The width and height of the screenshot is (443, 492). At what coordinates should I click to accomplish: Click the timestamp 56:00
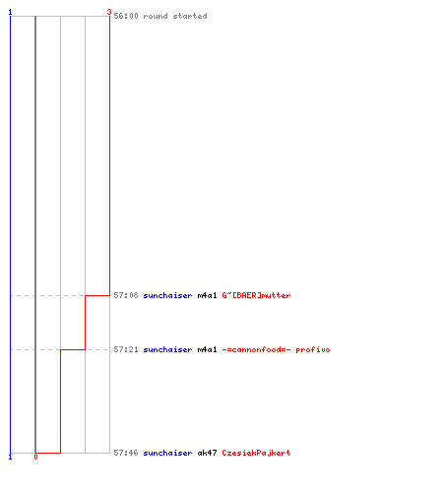[126, 16]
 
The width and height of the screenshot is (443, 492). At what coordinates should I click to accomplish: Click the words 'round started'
[175, 16]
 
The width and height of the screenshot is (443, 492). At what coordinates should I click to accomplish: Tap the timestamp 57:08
[126, 295]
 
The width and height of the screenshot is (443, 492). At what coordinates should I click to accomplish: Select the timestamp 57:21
[126, 349]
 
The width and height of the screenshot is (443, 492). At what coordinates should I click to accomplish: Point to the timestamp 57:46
[126, 453]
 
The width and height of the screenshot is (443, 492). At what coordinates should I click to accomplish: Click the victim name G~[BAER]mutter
[256, 295]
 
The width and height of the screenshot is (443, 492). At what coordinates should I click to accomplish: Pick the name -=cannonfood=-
[256, 349]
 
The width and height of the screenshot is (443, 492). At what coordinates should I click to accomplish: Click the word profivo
[313, 349]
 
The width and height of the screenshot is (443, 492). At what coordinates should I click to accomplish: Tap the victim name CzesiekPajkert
[256, 453]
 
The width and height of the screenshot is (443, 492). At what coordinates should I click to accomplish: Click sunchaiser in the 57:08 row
[167, 295]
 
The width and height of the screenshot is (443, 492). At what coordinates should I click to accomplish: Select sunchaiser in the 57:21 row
[167, 349]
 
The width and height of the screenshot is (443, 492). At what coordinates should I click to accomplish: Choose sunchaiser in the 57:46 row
[167, 453]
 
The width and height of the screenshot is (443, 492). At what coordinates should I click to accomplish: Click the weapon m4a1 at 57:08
[207, 295]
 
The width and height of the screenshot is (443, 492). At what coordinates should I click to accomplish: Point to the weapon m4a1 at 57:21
[207, 349]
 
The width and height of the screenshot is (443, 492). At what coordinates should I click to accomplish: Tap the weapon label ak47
[207, 453]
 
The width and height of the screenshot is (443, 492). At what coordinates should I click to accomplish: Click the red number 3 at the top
[109, 12]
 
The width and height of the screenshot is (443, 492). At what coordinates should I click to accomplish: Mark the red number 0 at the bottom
[35, 457]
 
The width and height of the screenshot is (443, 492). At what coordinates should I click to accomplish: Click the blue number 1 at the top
[10, 12]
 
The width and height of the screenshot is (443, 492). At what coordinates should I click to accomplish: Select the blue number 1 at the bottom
[10, 457]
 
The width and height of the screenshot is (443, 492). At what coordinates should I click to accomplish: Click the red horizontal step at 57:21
[73, 349]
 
